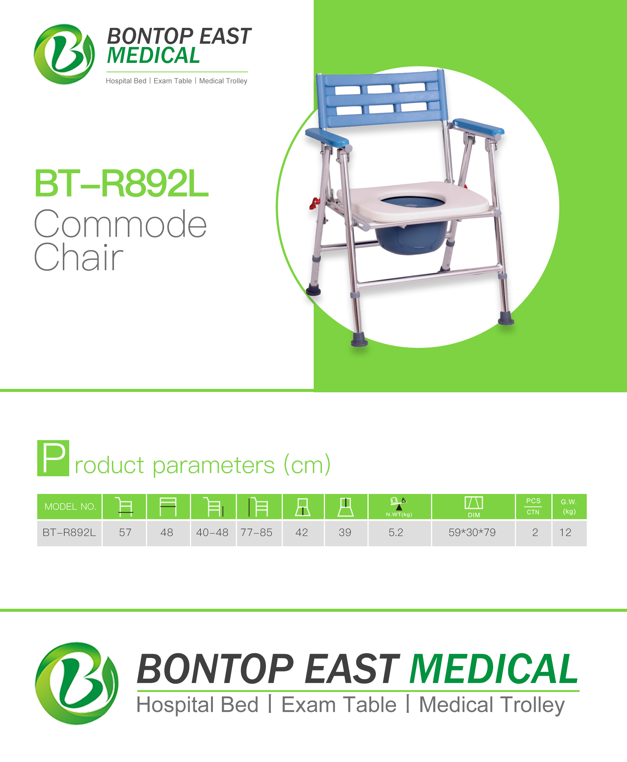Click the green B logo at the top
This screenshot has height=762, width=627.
tap(64, 54)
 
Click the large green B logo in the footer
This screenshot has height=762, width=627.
tap(77, 683)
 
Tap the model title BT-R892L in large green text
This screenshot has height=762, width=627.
tap(121, 183)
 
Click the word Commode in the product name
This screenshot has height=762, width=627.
tap(120, 224)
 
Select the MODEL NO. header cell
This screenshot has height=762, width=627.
tap(70, 506)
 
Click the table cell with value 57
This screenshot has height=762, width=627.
tap(124, 533)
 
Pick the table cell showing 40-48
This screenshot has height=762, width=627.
tap(213, 533)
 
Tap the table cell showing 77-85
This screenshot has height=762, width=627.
tap(259, 533)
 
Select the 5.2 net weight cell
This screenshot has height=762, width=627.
tap(399, 533)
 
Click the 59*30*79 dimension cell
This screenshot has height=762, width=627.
tap(473, 533)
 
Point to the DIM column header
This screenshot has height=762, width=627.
tap(473, 506)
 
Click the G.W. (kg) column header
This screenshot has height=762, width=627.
tap(569, 506)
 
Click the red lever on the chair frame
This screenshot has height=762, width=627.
tap(314, 204)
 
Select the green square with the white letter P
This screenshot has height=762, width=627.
tap(53, 458)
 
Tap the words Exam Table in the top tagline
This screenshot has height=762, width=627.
tap(173, 81)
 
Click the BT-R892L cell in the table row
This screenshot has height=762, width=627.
tap(70, 533)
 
